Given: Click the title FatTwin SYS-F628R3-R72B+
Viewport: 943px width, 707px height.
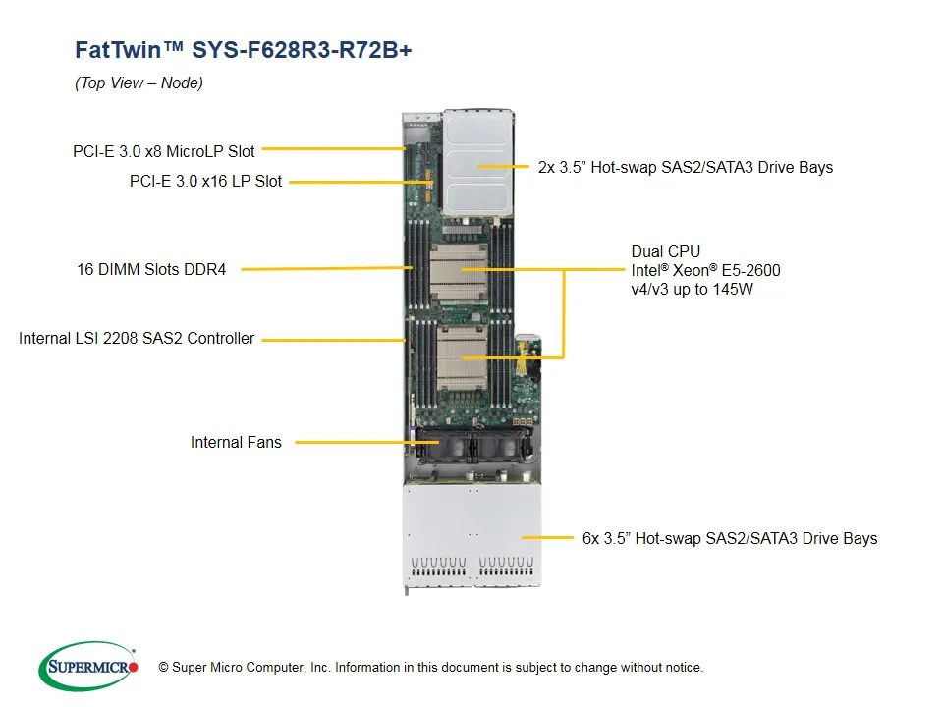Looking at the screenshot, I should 243,50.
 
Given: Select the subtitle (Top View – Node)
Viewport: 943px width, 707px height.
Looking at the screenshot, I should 139,83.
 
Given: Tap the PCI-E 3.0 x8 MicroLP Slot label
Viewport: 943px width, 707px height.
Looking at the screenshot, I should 163,151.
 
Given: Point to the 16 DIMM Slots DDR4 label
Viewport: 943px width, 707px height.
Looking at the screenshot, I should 151,269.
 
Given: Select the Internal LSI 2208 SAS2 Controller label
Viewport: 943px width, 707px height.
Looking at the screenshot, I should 137,339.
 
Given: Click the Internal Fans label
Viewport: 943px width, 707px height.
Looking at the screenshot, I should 236,443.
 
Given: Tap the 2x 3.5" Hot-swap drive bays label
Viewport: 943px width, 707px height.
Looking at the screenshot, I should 685,168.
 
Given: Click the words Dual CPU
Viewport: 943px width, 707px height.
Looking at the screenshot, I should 665,252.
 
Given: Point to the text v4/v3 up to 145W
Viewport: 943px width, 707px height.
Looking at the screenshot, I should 692,290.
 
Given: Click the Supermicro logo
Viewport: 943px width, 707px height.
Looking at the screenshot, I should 88,667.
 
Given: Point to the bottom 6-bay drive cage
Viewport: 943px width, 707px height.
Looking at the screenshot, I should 471,535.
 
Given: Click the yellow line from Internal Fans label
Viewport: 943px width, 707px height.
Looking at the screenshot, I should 354,443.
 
